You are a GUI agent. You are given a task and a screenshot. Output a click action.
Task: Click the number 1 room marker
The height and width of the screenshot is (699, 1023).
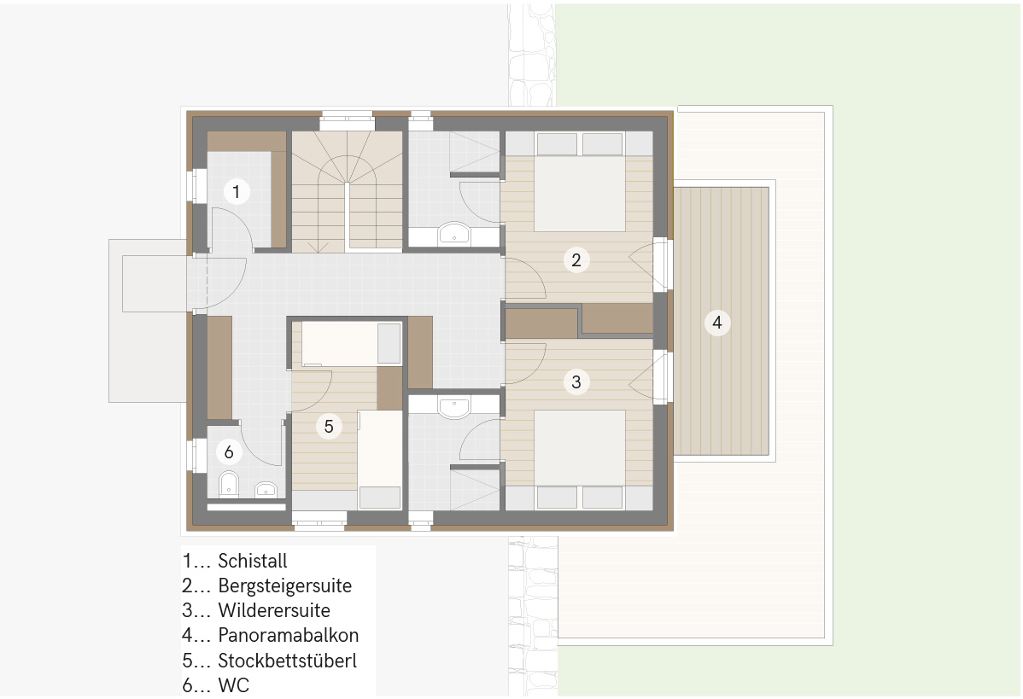tap(237, 192)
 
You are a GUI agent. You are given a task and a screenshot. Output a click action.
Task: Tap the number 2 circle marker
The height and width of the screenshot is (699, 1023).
tap(576, 260)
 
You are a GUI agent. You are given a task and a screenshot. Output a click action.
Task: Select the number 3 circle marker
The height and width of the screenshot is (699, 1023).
tap(576, 382)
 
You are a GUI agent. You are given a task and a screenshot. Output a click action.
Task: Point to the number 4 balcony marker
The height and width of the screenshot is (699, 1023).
tap(717, 322)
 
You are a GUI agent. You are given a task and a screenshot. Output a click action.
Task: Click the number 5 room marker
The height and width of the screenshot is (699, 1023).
tap(329, 427)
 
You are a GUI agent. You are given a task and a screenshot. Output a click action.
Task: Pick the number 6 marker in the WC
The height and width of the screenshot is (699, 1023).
tap(228, 451)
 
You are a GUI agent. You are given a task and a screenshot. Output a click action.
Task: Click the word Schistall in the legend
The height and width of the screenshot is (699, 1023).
tap(253, 561)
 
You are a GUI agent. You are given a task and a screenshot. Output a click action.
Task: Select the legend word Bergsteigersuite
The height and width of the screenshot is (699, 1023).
tap(284, 585)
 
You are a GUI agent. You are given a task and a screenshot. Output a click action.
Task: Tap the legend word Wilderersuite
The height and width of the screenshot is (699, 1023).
tap(274, 610)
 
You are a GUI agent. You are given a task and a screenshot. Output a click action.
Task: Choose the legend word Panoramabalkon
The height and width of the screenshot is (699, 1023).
tap(289, 635)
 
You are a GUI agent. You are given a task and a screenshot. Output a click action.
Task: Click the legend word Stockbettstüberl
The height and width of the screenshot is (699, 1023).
tap(287, 661)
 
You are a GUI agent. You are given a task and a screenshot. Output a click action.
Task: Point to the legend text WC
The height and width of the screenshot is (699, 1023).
tap(234, 685)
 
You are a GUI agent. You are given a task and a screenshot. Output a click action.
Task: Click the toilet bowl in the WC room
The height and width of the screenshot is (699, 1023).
tap(229, 483)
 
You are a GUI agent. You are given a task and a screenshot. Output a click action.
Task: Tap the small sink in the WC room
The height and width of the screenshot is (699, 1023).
tap(266, 489)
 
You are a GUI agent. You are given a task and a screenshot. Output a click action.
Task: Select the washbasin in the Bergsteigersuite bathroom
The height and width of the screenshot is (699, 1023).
tap(454, 233)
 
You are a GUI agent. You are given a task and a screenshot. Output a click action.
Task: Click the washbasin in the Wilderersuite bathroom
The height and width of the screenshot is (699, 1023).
tap(454, 407)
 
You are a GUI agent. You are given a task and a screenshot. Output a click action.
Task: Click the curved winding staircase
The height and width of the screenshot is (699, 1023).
tap(347, 191)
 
